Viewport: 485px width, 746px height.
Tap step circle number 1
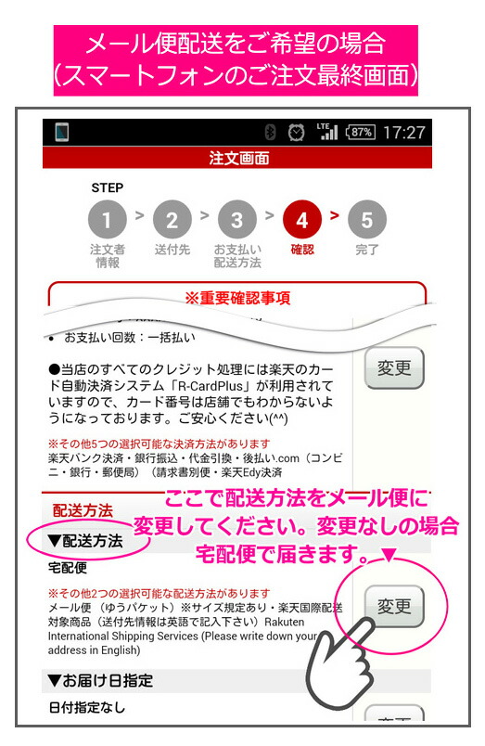pos(108,221)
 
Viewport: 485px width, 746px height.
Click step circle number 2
pos(172,221)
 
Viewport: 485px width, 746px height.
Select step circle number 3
pos(237,221)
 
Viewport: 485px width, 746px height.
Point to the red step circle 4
pos(302,221)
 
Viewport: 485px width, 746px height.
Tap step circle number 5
pos(367,221)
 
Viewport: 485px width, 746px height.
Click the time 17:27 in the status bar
pos(403,133)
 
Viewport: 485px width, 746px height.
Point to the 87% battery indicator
pos(359,133)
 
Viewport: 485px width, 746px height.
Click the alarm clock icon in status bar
pos(295,133)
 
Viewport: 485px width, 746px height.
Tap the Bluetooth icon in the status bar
pos(271,133)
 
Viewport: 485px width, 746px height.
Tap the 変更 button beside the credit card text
pos(394,368)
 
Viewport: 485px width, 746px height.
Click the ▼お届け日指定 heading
pos(100,681)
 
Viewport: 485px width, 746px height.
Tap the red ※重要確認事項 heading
pos(237,298)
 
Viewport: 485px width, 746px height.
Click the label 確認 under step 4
pos(302,250)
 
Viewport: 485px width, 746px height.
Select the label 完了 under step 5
pos(367,250)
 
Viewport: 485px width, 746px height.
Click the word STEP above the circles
pos(108,188)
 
